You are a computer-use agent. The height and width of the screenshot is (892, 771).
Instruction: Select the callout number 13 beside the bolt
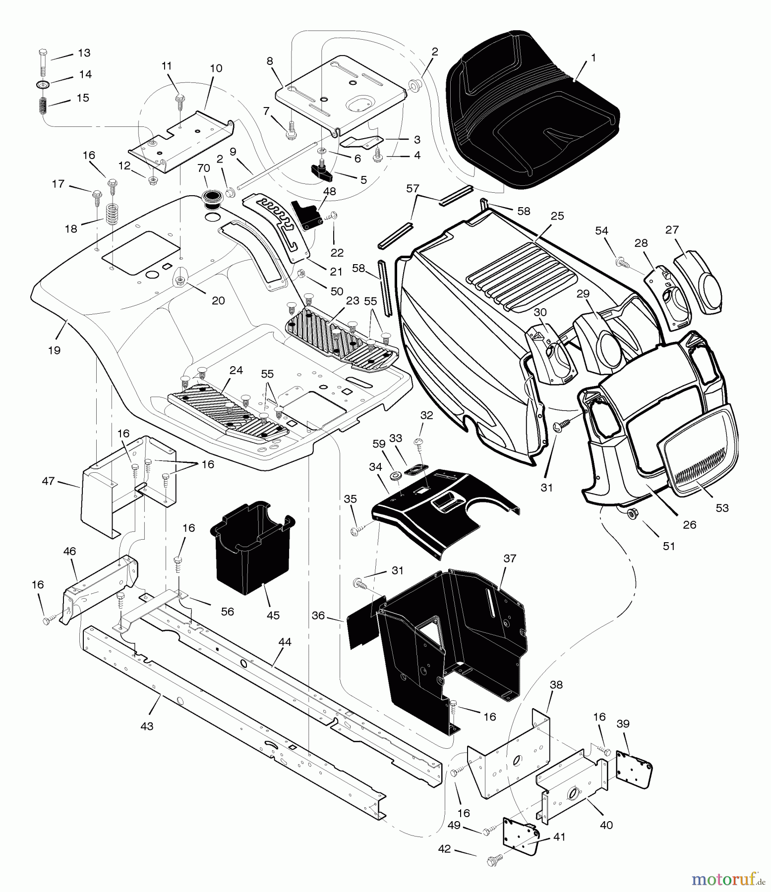coord(84,53)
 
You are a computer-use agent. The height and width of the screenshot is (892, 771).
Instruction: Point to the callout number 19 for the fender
coord(54,350)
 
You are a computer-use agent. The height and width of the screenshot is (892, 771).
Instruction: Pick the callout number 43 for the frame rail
coord(147,726)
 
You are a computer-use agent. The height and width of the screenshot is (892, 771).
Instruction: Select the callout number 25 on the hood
coord(557,217)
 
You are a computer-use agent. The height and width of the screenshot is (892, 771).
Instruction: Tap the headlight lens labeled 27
coord(698,282)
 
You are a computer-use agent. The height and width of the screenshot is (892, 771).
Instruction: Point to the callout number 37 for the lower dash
coord(510,558)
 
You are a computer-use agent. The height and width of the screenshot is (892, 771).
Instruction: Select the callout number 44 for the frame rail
coord(285,642)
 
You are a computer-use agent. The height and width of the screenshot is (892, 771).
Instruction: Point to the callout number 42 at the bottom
coord(444,849)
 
